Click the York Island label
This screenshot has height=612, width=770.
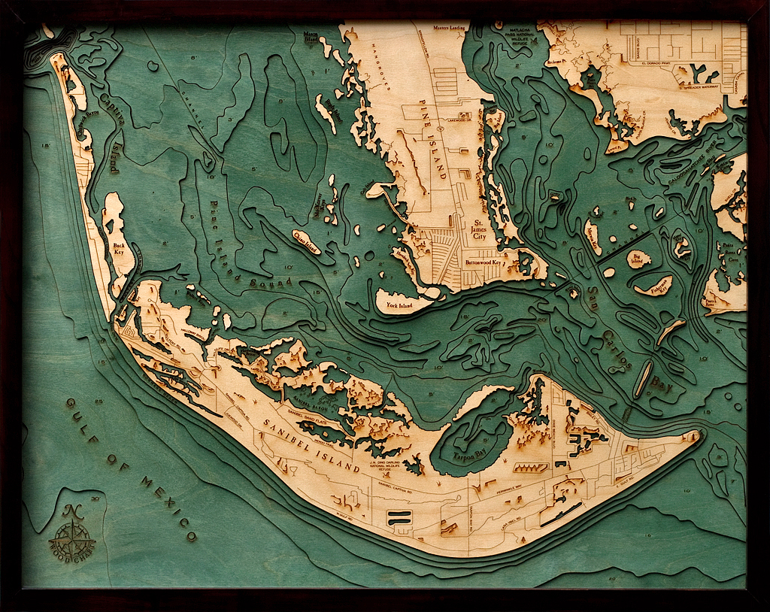point(401,306)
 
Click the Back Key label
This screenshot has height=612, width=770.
point(120,249)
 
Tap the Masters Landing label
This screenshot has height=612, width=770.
point(450,29)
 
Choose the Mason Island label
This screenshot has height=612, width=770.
point(310,37)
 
